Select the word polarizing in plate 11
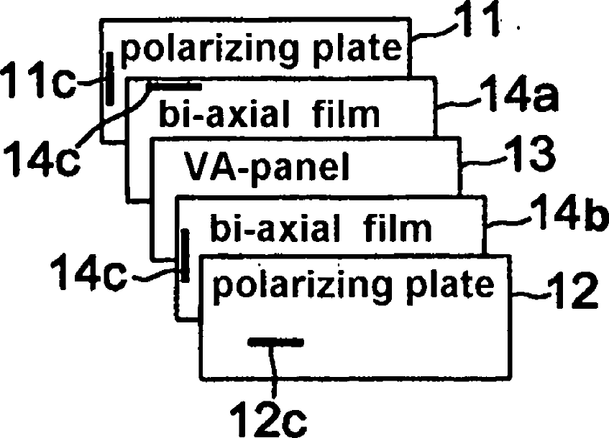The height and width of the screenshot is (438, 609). click(192, 50)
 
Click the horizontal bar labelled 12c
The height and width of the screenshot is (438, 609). click(276, 343)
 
